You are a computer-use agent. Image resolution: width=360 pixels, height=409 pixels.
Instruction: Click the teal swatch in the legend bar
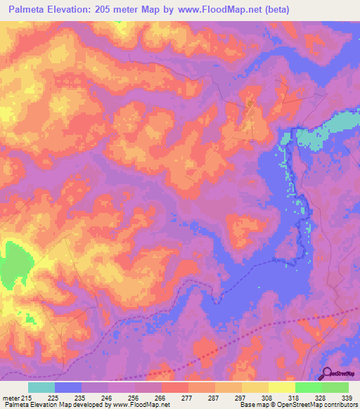pyautogui.click(x=41, y=387)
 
